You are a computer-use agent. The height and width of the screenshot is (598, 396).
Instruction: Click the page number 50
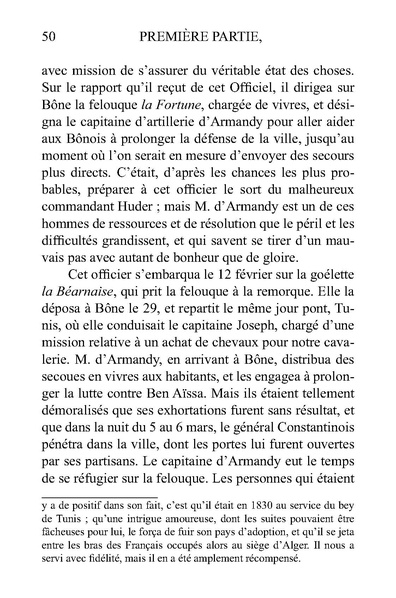pyautogui.click(x=43, y=38)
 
